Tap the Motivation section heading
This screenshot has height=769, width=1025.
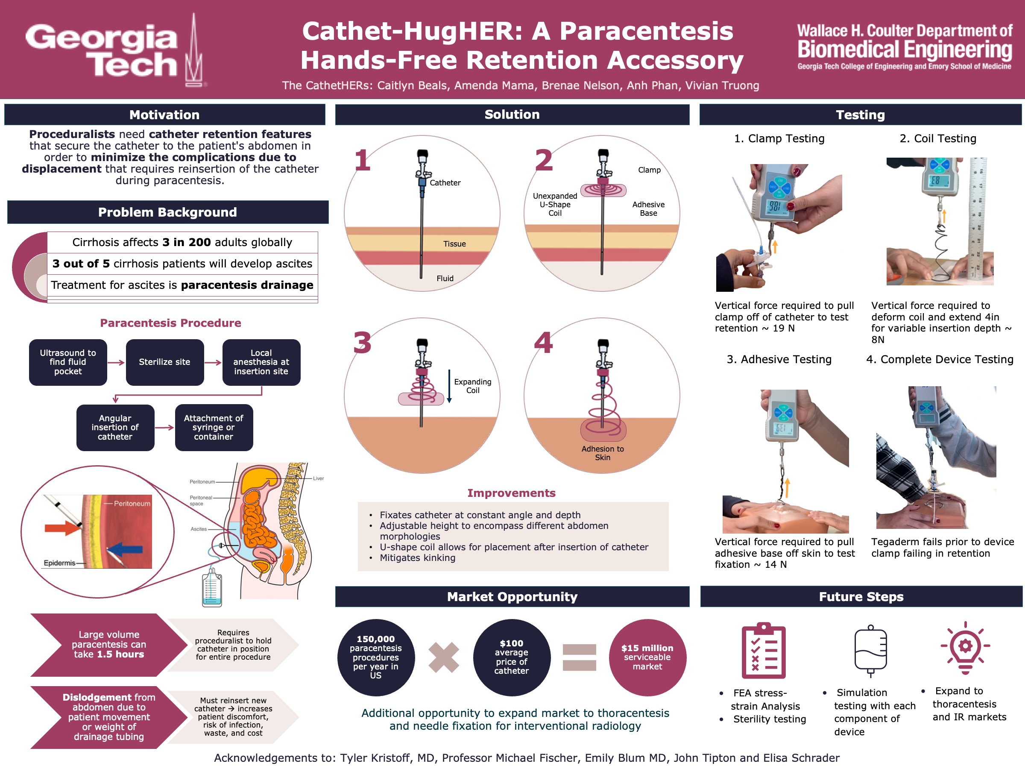[x=164, y=115]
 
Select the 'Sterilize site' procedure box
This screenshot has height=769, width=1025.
[x=164, y=362]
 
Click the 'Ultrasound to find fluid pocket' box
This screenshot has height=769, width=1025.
[x=67, y=362]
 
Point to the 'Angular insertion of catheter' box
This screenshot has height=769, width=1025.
[x=115, y=427]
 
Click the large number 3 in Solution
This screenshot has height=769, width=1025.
[x=362, y=343]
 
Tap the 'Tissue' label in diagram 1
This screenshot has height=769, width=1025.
[x=454, y=244]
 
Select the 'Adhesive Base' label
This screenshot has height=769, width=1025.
[x=648, y=208]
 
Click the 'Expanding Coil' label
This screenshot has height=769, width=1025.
[x=472, y=386]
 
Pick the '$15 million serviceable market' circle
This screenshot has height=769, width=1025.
[x=647, y=657]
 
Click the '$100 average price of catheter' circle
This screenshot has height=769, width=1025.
[x=511, y=657]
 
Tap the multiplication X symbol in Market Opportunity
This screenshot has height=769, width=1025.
[x=443, y=657]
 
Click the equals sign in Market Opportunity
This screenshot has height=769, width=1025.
[x=579, y=657]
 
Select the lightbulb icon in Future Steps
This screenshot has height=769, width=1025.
[x=965, y=648]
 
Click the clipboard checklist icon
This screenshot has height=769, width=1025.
[x=763, y=650]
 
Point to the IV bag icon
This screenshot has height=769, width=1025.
[x=870, y=650]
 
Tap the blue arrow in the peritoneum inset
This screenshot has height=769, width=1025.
[x=125, y=549]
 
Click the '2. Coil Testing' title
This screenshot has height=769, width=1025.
[x=937, y=138]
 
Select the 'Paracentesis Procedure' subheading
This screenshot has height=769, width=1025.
[x=170, y=323]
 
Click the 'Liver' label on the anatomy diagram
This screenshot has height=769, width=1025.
[x=318, y=478]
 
